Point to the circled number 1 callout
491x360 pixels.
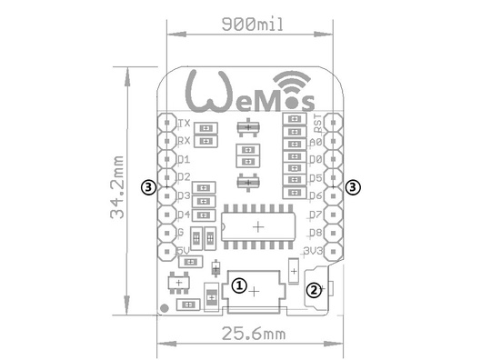tap(238, 285)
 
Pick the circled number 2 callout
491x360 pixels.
tap(313, 290)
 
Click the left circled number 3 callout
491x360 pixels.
tap(149, 186)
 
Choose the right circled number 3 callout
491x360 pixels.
tap(354, 186)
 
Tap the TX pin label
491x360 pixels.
tap(183, 122)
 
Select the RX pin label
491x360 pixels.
tap(183, 140)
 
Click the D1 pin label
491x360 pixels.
tap(183, 158)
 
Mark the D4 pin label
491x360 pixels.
tap(183, 215)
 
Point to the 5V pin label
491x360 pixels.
tap(182, 251)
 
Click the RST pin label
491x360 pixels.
tap(317, 122)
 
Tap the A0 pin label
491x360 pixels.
tap(316, 141)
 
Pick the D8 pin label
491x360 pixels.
tap(316, 233)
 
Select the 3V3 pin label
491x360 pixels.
tap(315, 251)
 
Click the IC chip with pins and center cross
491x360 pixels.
tap(258, 225)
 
